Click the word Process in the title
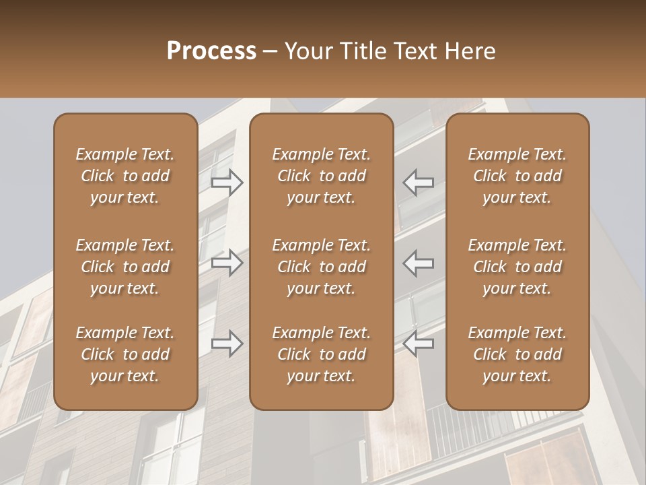tap(211, 51)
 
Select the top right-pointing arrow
tap(227, 182)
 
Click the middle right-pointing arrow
tap(227, 263)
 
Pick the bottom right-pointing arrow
tap(227, 344)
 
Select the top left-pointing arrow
tap(418, 182)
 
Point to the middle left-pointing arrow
tap(418, 263)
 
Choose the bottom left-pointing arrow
tap(418, 344)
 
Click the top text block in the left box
tap(125, 176)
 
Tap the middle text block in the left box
tap(125, 267)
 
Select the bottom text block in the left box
tap(125, 354)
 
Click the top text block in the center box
tap(321, 176)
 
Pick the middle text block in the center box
tap(321, 267)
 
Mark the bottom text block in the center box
tap(321, 354)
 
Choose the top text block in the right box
tap(517, 176)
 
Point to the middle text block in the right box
tap(517, 267)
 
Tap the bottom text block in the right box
tap(517, 354)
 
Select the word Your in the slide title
tap(308, 51)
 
